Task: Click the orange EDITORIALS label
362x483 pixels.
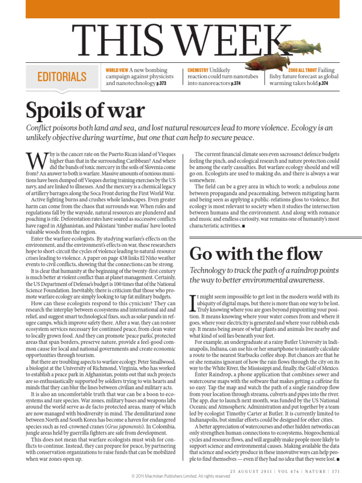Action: click(x=61, y=77)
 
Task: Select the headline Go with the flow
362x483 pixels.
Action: click(x=256, y=254)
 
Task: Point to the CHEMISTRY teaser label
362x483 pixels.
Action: click(x=198, y=70)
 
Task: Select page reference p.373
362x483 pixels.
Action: click(x=161, y=83)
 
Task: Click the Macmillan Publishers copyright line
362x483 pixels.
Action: click(x=181, y=476)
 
